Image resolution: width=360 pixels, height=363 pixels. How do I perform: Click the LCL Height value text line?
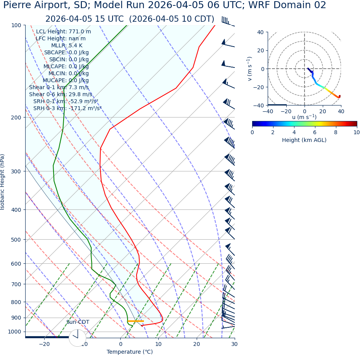(x=64, y=32)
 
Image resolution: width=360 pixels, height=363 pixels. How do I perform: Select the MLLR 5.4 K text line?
(x=64, y=46)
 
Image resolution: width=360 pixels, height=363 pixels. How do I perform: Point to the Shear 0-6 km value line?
(x=61, y=95)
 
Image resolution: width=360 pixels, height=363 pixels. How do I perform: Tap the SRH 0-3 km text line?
(x=67, y=109)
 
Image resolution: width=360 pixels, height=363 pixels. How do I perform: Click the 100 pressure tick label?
(x=16, y=25)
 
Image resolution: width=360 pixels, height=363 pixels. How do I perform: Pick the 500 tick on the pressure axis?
(x=16, y=240)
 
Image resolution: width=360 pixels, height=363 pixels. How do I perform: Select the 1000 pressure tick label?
(x=14, y=332)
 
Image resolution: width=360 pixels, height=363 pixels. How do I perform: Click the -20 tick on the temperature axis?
(x=44, y=344)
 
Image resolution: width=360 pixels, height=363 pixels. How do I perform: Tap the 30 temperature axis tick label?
(x=234, y=344)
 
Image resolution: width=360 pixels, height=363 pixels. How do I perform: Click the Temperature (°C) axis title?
(x=130, y=352)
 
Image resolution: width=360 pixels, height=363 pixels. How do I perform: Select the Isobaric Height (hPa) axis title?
(x=3, y=182)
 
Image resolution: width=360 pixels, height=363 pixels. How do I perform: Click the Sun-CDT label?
(x=78, y=322)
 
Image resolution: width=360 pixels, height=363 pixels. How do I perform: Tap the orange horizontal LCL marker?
(x=136, y=321)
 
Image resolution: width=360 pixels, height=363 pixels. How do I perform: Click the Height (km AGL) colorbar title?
(x=304, y=140)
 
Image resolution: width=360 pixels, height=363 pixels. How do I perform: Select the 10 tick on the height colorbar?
(x=356, y=132)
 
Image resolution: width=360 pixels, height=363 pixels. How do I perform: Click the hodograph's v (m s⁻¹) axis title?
(x=250, y=69)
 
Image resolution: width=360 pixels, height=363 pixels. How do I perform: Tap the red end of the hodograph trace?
(x=339, y=96)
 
